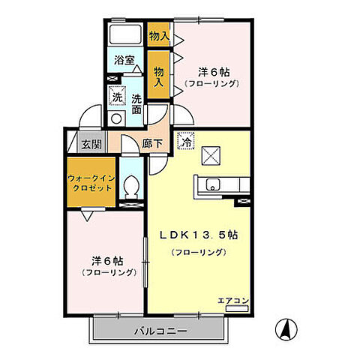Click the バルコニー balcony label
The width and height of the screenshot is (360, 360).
pos(160,331)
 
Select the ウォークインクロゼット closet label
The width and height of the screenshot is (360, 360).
pos(91,182)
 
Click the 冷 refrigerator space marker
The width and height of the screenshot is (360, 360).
pos(185,138)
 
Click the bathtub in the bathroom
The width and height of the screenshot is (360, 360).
pos(124,34)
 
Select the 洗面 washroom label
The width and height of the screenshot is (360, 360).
pos(136,103)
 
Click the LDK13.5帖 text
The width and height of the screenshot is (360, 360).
pos(198,234)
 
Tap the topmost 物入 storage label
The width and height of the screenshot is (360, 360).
pos(158,35)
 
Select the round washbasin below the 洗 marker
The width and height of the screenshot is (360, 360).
pos(115,118)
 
